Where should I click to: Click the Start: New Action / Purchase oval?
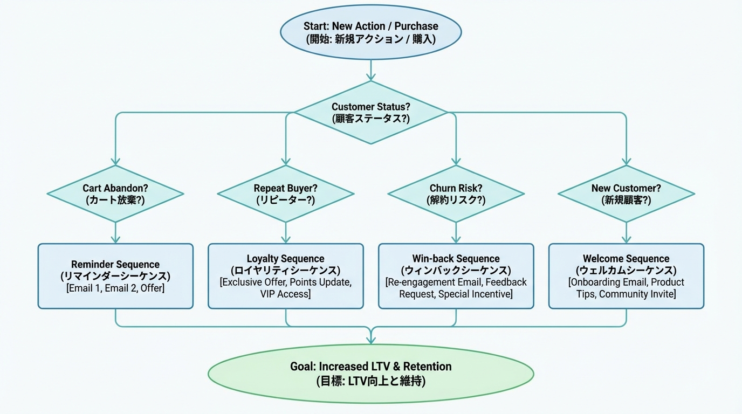[370, 32]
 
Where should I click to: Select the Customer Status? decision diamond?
[370, 113]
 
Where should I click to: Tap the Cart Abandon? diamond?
[115, 194]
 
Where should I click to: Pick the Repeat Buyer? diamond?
[286, 194]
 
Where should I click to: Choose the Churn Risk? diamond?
[456, 194]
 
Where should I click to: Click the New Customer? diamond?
[626, 194]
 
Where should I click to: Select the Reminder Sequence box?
[115, 276]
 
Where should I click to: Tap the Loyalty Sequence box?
[286, 276]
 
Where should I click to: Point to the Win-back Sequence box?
[456, 276]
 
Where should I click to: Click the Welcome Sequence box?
[626, 276]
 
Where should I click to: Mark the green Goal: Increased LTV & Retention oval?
[370, 374]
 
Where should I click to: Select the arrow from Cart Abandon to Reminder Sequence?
[115, 233]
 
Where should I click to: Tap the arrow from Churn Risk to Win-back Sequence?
[456, 233]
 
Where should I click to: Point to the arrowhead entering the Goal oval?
[370, 340]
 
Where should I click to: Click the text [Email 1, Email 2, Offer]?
[115, 288]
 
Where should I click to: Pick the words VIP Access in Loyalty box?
[285, 294]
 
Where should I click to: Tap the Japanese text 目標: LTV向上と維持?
[370, 381]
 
